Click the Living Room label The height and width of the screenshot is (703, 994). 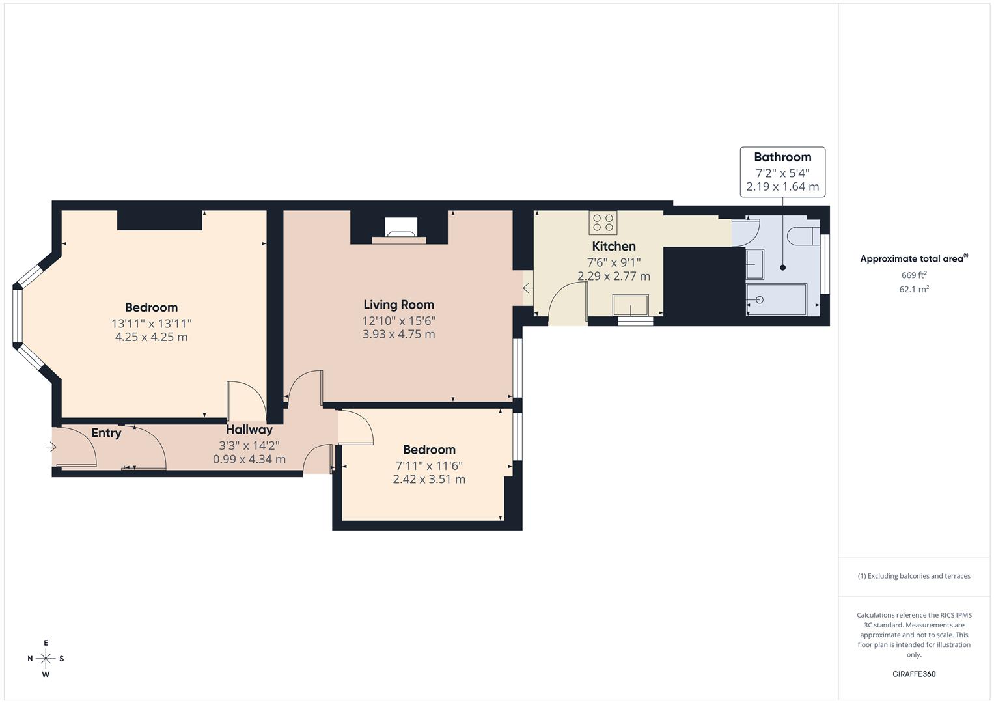[x=398, y=305]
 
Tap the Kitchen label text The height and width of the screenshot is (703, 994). [x=614, y=246]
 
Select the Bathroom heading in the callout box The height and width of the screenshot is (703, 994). [x=782, y=157]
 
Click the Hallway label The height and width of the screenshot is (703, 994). [x=249, y=430]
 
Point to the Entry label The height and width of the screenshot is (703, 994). [x=106, y=433]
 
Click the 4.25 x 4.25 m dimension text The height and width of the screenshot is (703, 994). [x=151, y=337]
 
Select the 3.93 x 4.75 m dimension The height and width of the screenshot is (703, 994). [x=398, y=334]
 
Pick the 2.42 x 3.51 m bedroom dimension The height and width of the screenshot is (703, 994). [x=429, y=479]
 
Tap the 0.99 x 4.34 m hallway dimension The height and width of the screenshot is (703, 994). [x=249, y=460]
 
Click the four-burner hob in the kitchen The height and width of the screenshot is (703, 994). [x=603, y=223]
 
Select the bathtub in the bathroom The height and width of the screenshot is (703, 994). [x=776, y=300]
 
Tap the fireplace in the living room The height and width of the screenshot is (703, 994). [x=401, y=231]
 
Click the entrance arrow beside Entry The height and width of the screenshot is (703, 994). [x=51, y=447]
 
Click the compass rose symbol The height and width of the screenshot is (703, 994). [x=46, y=659]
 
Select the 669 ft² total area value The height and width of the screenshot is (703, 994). [x=914, y=275]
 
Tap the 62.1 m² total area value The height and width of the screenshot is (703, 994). [x=914, y=290]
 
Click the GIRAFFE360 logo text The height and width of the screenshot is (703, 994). [x=914, y=674]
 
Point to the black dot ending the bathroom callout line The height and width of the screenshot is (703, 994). [x=783, y=268]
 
